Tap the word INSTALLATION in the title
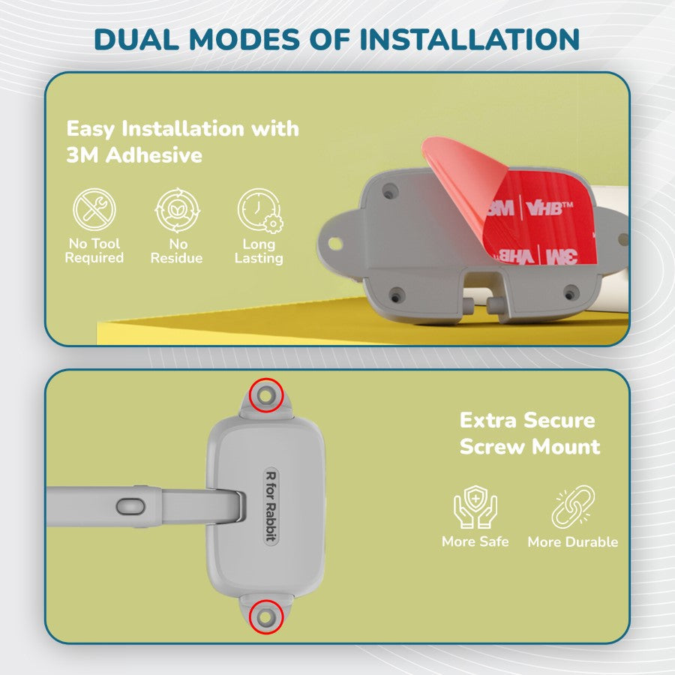point(469,39)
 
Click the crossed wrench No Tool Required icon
point(94,210)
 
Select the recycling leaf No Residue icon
point(177,210)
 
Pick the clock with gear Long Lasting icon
point(259,211)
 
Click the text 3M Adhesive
point(134,155)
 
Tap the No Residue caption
point(176,251)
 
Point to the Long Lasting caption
point(259,251)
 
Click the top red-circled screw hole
point(266,395)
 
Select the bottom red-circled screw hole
point(266,617)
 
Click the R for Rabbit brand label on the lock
point(271,505)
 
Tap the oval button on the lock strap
point(130,507)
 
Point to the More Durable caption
point(573,541)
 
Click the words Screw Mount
point(530,446)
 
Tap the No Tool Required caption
point(94,250)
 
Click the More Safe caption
point(475,541)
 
